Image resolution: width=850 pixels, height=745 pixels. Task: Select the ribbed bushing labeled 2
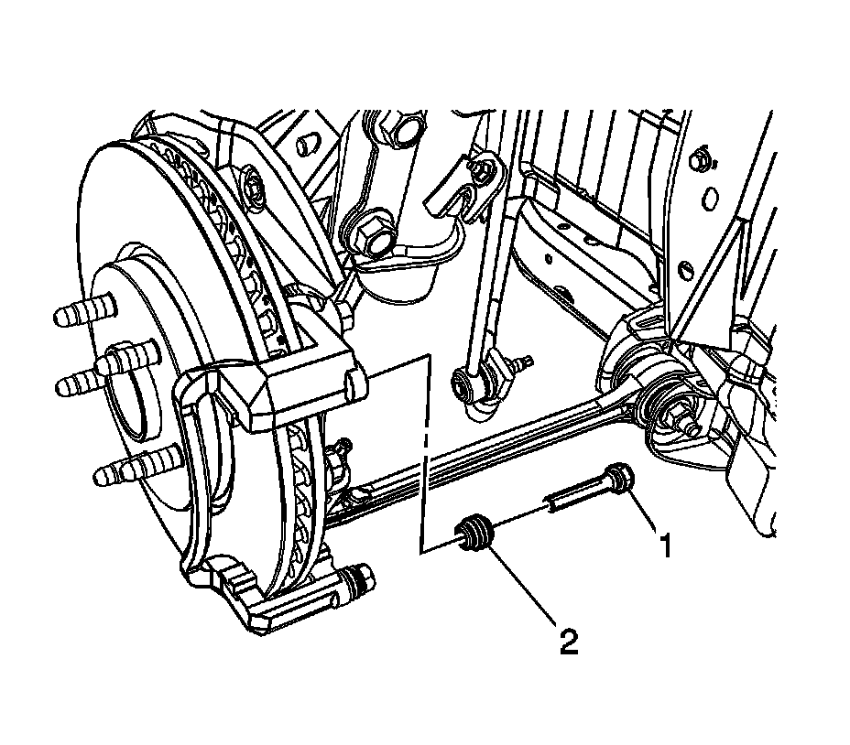(474, 534)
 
